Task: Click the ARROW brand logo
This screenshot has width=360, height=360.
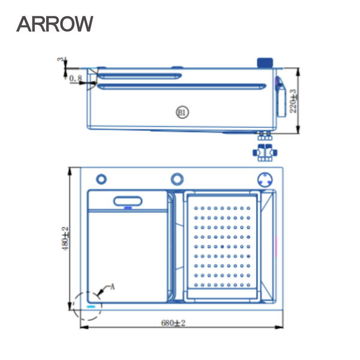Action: [55, 23]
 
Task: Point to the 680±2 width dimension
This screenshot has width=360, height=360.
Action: [173, 323]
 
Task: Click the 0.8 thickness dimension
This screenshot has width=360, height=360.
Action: [76, 79]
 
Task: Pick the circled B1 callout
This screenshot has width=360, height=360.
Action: [182, 112]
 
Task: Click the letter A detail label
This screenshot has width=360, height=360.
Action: [110, 288]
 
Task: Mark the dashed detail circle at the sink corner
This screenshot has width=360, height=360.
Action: [87, 305]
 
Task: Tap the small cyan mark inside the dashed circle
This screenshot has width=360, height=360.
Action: [92, 305]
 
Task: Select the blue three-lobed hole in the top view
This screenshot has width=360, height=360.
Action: [265, 179]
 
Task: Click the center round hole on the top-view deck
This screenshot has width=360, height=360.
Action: [177, 178]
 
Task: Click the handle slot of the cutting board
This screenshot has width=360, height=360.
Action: [128, 202]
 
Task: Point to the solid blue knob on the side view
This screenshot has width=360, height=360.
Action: [264, 62]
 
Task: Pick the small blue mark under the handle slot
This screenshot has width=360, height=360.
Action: [128, 208]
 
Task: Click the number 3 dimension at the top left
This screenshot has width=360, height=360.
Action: [60, 60]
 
